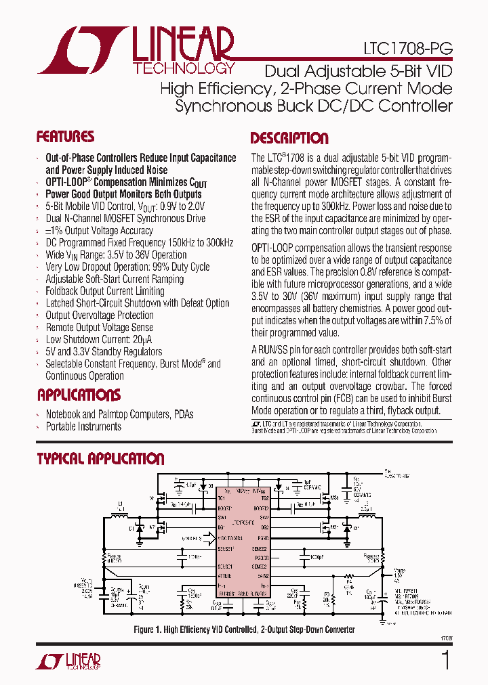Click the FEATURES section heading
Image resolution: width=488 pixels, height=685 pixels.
point(65,137)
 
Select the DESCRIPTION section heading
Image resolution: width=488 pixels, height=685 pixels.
point(289,139)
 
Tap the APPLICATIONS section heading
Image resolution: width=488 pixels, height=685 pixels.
point(79,395)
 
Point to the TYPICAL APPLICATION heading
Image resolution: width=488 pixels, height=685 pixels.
point(100,459)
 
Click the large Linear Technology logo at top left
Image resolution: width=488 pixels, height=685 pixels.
point(136,50)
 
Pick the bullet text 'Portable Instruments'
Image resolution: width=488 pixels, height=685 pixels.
point(83,426)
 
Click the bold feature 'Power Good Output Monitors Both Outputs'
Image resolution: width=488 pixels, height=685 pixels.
point(123,194)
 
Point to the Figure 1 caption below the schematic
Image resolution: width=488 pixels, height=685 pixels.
point(244,629)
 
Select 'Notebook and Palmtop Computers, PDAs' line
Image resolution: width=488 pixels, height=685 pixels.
point(119,414)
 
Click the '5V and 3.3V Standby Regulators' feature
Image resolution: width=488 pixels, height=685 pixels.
point(104,352)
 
